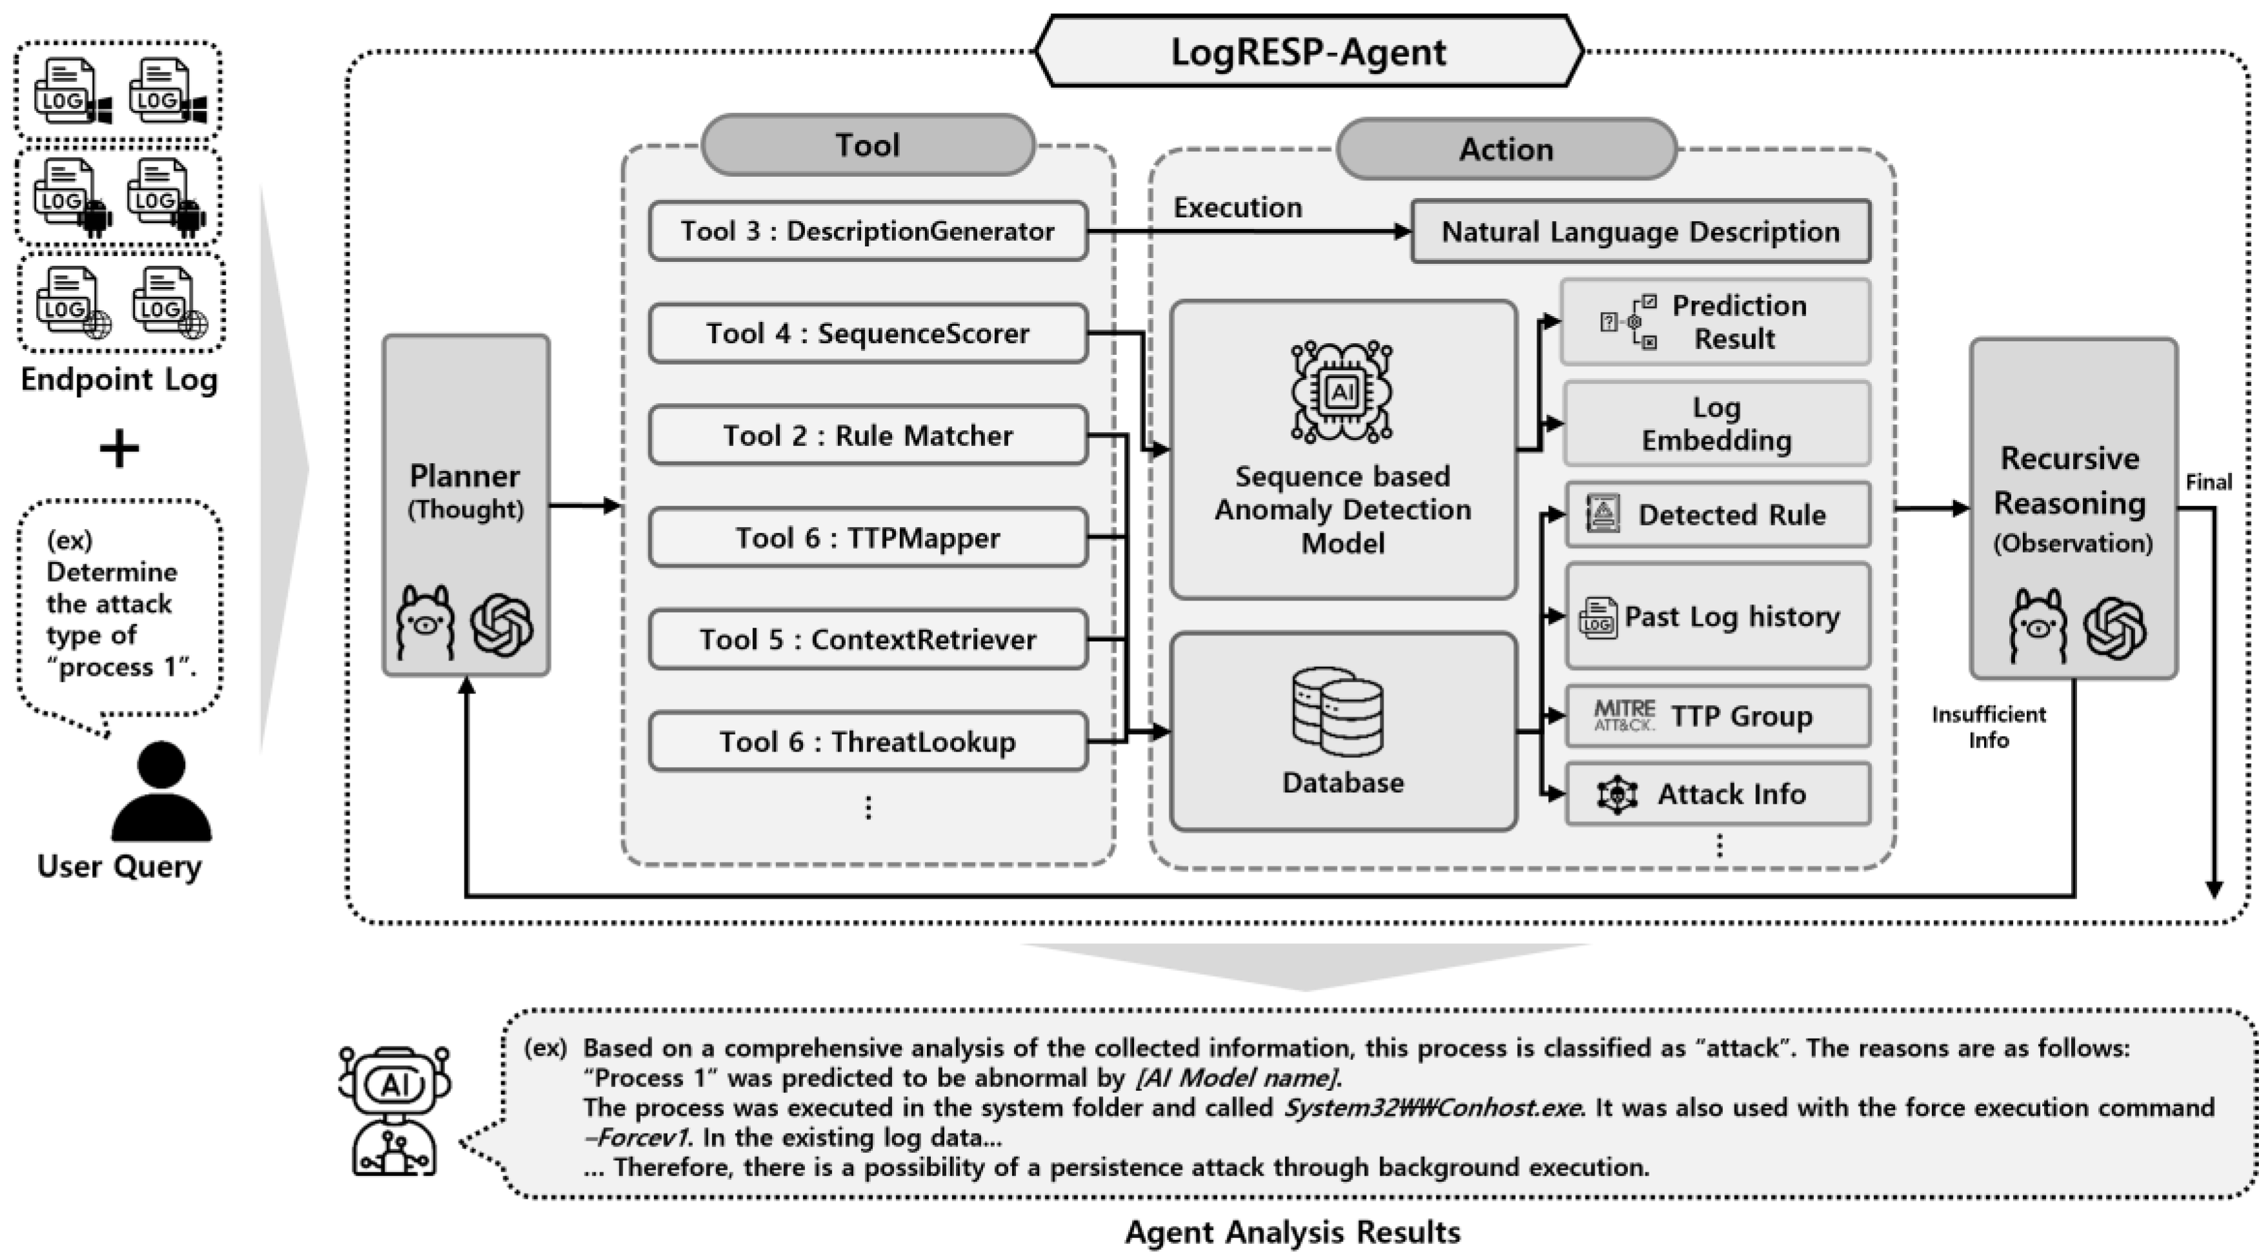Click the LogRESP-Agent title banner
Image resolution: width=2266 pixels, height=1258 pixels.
coord(1308,51)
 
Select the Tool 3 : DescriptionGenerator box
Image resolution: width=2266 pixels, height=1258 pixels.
coord(868,232)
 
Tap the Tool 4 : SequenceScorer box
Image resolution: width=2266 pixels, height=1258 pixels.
coord(868,334)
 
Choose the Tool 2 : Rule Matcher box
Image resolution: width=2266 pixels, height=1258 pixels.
coord(868,435)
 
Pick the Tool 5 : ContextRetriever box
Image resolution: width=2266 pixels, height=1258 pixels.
coord(868,639)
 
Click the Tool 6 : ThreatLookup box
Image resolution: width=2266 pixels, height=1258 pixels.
coord(868,742)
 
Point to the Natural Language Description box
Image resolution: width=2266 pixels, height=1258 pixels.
coord(1640,232)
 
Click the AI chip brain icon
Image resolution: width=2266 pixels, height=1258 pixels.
coord(1342,390)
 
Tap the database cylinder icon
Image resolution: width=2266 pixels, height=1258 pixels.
coord(1338,713)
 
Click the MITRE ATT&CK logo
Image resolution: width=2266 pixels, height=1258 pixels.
coord(1624,715)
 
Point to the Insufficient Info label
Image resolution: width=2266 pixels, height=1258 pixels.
coord(1988,726)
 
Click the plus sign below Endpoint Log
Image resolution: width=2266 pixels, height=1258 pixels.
coord(119,450)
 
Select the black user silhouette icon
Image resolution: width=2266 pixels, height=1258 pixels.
coord(162,791)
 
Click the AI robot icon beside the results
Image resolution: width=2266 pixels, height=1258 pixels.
coord(394,1110)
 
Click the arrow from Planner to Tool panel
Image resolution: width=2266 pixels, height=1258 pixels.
coord(585,506)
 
